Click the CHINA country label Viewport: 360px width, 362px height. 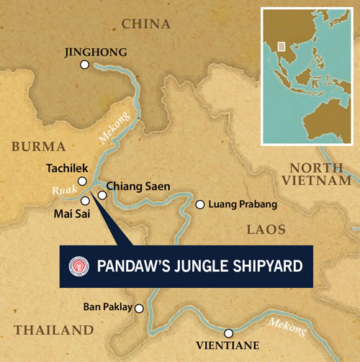[146, 24]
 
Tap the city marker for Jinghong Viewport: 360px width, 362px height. [85, 65]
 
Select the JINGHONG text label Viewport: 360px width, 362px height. [95, 52]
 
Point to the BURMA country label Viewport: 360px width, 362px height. [38, 147]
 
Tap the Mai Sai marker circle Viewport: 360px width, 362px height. [85, 201]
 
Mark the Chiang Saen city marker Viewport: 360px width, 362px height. [102, 194]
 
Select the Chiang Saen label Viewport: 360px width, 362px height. [138, 186]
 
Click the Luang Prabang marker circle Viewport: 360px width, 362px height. [200, 204]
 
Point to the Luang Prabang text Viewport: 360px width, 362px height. [243, 205]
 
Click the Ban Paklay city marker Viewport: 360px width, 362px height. [140, 308]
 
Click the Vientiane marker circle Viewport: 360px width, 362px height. [228, 332]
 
